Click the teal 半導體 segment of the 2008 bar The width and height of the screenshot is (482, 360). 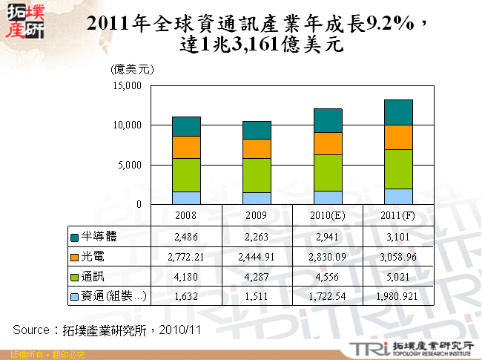186,126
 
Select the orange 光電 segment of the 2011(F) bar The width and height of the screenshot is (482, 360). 399,137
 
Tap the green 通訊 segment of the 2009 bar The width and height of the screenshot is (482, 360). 257,175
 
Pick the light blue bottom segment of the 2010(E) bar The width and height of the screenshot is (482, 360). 328,197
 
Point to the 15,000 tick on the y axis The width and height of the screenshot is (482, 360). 127,86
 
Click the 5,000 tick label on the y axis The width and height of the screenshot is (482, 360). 130,165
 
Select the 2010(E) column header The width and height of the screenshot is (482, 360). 328,215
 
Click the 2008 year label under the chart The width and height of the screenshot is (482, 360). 186,215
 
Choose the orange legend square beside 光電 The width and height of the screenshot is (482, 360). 74,257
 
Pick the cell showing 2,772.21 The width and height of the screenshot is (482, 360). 186,257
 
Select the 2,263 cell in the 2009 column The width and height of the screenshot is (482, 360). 257,237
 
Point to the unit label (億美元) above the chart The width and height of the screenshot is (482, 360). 131,69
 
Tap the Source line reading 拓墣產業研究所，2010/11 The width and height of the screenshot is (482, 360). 104,327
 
